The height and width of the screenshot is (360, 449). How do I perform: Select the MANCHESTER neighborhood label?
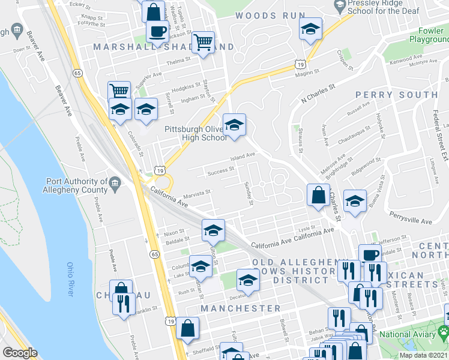[x=241, y=308]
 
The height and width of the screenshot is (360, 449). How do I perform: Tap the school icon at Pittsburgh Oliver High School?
[x=234, y=125]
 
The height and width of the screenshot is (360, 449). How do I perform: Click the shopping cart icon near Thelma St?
[x=203, y=43]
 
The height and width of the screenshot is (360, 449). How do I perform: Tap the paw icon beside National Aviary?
[x=444, y=331]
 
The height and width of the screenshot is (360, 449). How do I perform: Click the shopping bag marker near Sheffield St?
[x=187, y=328]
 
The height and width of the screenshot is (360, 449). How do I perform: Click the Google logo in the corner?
[x=19, y=353]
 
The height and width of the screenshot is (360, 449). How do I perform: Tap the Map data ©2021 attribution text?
[x=424, y=355]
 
